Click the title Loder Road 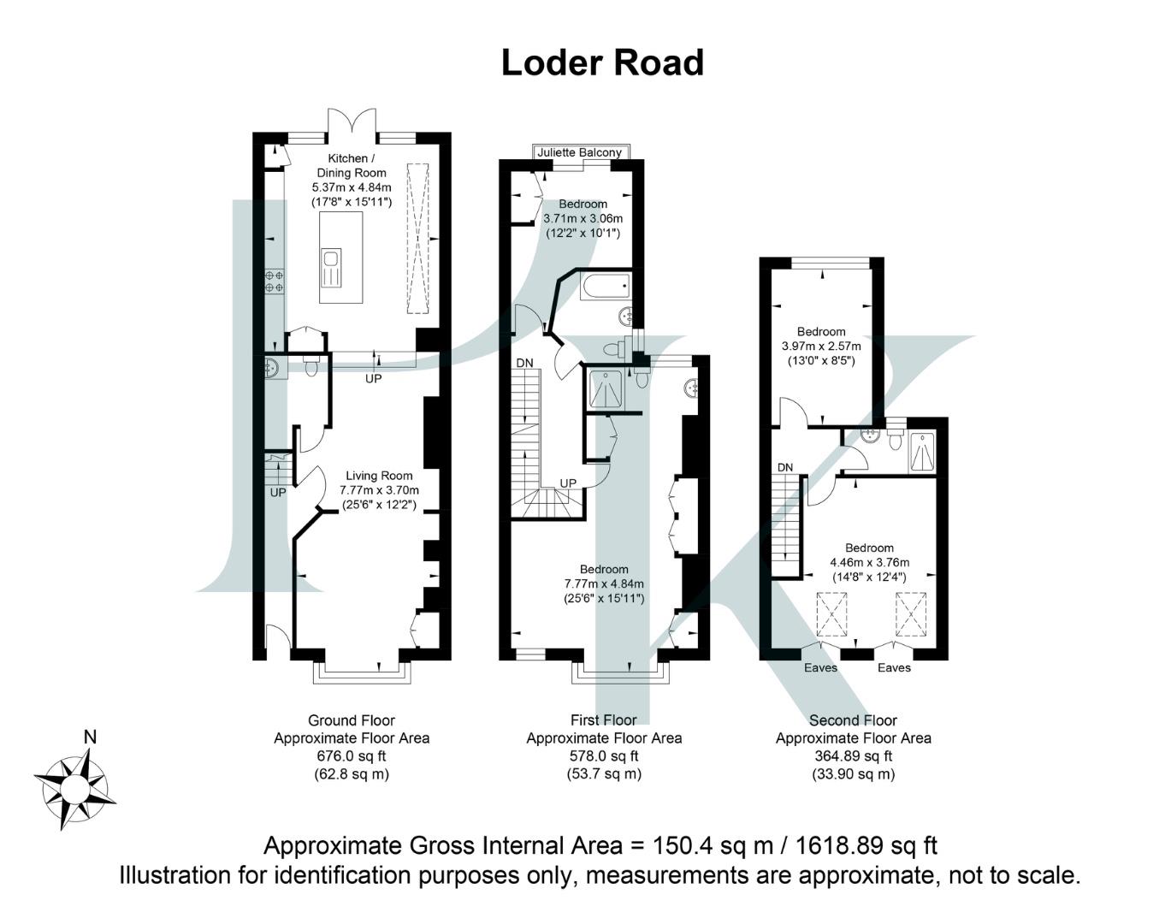point(602,62)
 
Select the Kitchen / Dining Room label point(351,165)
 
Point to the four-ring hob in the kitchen point(275,282)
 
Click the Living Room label point(379,476)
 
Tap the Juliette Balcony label point(579,152)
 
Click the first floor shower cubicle point(606,389)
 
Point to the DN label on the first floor point(524,363)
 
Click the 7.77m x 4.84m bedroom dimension point(604,583)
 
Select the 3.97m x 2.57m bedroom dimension point(821,346)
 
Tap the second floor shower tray point(921,451)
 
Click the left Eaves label point(820,667)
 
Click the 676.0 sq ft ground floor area point(351,756)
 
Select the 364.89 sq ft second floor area point(853,756)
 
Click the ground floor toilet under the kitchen point(310,367)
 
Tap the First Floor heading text point(603,720)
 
